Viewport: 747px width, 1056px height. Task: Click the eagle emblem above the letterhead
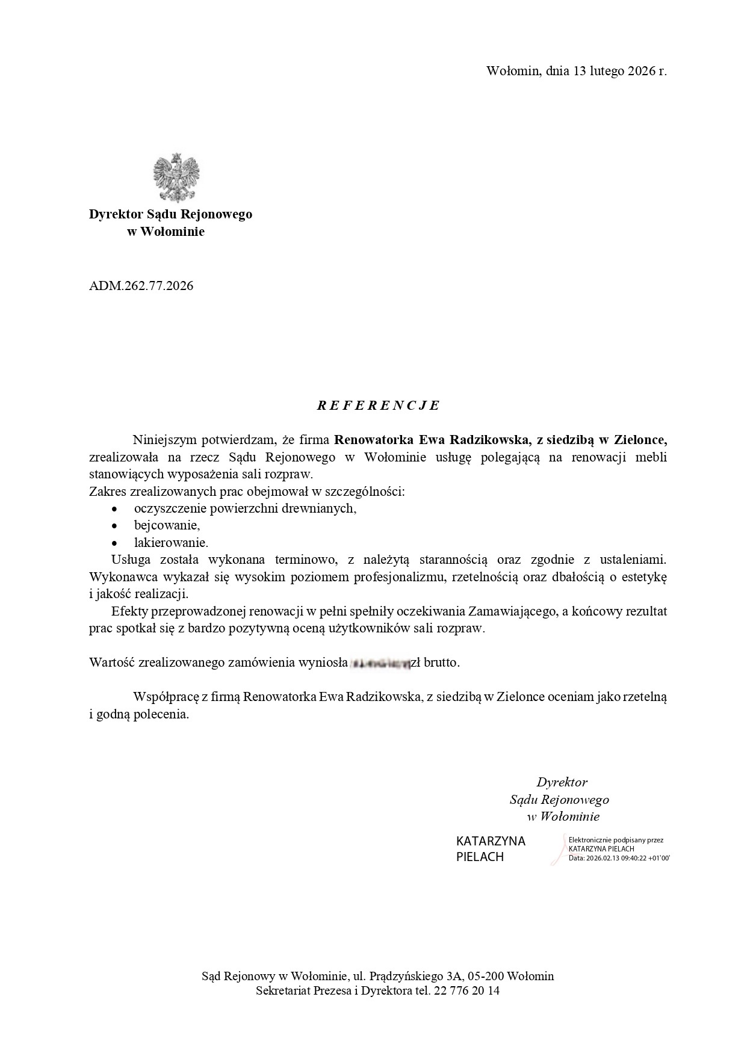pos(176,178)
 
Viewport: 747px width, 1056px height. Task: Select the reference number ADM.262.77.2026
pos(141,286)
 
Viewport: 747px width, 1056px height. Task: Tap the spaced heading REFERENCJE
pos(379,406)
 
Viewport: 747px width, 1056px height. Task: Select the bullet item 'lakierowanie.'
pos(171,543)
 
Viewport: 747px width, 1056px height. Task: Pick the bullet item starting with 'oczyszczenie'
pos(246,508)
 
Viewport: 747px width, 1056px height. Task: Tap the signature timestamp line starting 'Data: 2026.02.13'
pos(619,858)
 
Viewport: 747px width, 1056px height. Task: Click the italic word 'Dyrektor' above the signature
pos(562,782)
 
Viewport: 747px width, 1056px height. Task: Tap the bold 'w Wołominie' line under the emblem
pos(166,232)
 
